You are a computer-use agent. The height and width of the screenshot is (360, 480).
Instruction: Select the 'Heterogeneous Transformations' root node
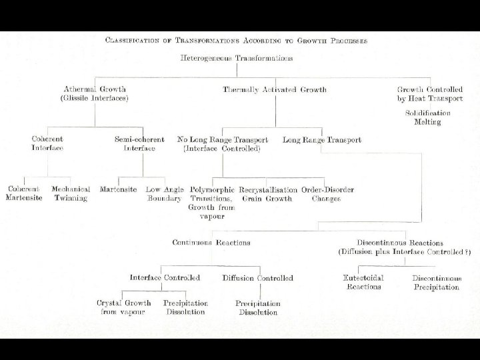click(x=237, y=58)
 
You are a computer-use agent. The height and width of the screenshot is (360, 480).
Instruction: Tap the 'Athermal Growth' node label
click(x=95, y=89)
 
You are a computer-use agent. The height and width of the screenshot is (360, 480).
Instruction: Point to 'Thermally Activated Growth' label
click(x=269, y=89)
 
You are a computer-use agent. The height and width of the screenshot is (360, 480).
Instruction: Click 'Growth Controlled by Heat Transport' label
click(x=429, y=93)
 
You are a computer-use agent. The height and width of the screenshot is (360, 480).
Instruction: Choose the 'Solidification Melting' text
click(x=427, y=117)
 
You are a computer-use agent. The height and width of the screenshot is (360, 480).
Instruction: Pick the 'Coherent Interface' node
click(x=47, y=143)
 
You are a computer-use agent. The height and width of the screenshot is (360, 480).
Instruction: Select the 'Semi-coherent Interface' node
click(x=139, y=143)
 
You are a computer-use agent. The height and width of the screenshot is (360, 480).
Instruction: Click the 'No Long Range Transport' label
click(x=223, y=140)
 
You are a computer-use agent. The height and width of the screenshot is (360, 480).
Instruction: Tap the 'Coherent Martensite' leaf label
click(x=24, y=194)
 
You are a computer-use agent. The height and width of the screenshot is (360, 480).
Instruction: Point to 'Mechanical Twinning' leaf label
click(x=71, y=194)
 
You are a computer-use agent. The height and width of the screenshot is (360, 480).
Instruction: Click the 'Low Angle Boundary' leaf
click(x=164, y=194)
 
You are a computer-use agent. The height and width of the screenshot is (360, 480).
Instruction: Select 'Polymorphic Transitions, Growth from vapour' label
click(x=211, y=203)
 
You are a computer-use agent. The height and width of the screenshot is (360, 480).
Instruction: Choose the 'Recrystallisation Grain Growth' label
click(x=267, y=194)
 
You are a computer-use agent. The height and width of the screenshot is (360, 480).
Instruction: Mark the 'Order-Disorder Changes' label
click(x=327, y=194)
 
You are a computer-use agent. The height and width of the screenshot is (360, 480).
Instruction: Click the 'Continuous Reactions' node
click(x=211, y=243)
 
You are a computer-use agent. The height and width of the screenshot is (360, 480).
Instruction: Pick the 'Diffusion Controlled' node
click(x=257, y=278)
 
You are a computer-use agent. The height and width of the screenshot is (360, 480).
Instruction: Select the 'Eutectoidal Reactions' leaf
click(x=364, y=282)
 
